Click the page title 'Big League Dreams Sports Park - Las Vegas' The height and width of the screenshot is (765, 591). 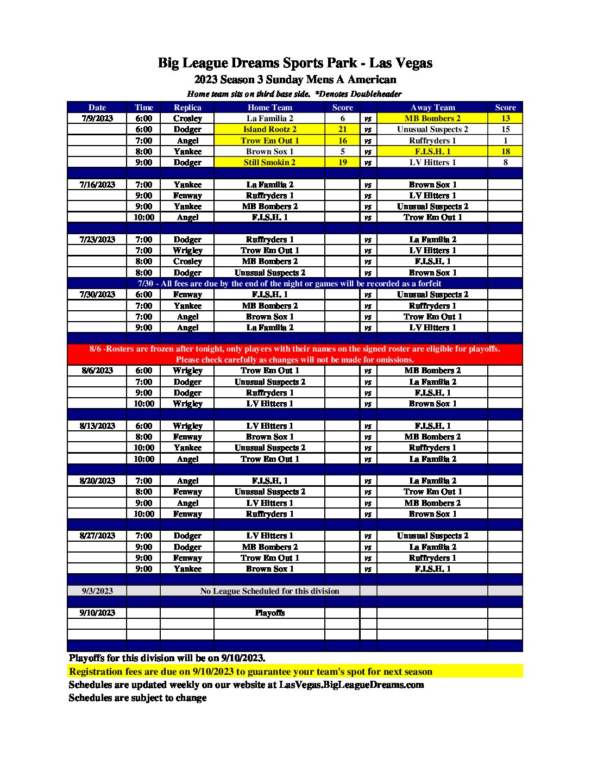click(x=295, y=63)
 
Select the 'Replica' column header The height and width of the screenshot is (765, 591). click(x=187, y=108)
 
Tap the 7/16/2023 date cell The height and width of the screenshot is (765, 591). click(x=97, y=185)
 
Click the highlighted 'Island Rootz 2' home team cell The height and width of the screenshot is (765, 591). click(x=269, y=129)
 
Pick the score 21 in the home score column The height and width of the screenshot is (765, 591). click(x=342, y=129)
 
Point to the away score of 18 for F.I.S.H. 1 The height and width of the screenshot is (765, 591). click(x=505, y=152)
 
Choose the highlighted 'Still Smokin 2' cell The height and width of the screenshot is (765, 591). click(x=269, y=162)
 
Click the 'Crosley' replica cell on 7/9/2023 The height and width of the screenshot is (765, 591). click(x=187, y=118)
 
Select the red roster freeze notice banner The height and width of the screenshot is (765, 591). click(x=295, y=354)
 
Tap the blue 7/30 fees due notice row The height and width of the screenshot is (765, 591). click(x=295, y=284)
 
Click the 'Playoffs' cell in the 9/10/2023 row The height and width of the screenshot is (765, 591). click(x=269, y=613)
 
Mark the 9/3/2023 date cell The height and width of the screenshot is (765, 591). click(x=97, y=591)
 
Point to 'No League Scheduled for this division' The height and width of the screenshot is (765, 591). click(x=269, y=591)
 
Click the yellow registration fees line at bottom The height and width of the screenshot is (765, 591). click(x=251, y=672)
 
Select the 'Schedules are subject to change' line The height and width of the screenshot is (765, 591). click(x=137, y=698)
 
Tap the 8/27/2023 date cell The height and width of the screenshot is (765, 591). click(x=97, y=536)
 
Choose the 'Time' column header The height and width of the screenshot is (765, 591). click(x=143, y=108)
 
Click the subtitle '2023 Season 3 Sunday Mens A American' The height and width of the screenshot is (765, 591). click(x=295, y=80)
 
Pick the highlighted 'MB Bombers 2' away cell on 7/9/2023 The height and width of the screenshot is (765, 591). click(x=432, y=118)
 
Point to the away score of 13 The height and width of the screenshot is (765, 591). click(x=505, y=118)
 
